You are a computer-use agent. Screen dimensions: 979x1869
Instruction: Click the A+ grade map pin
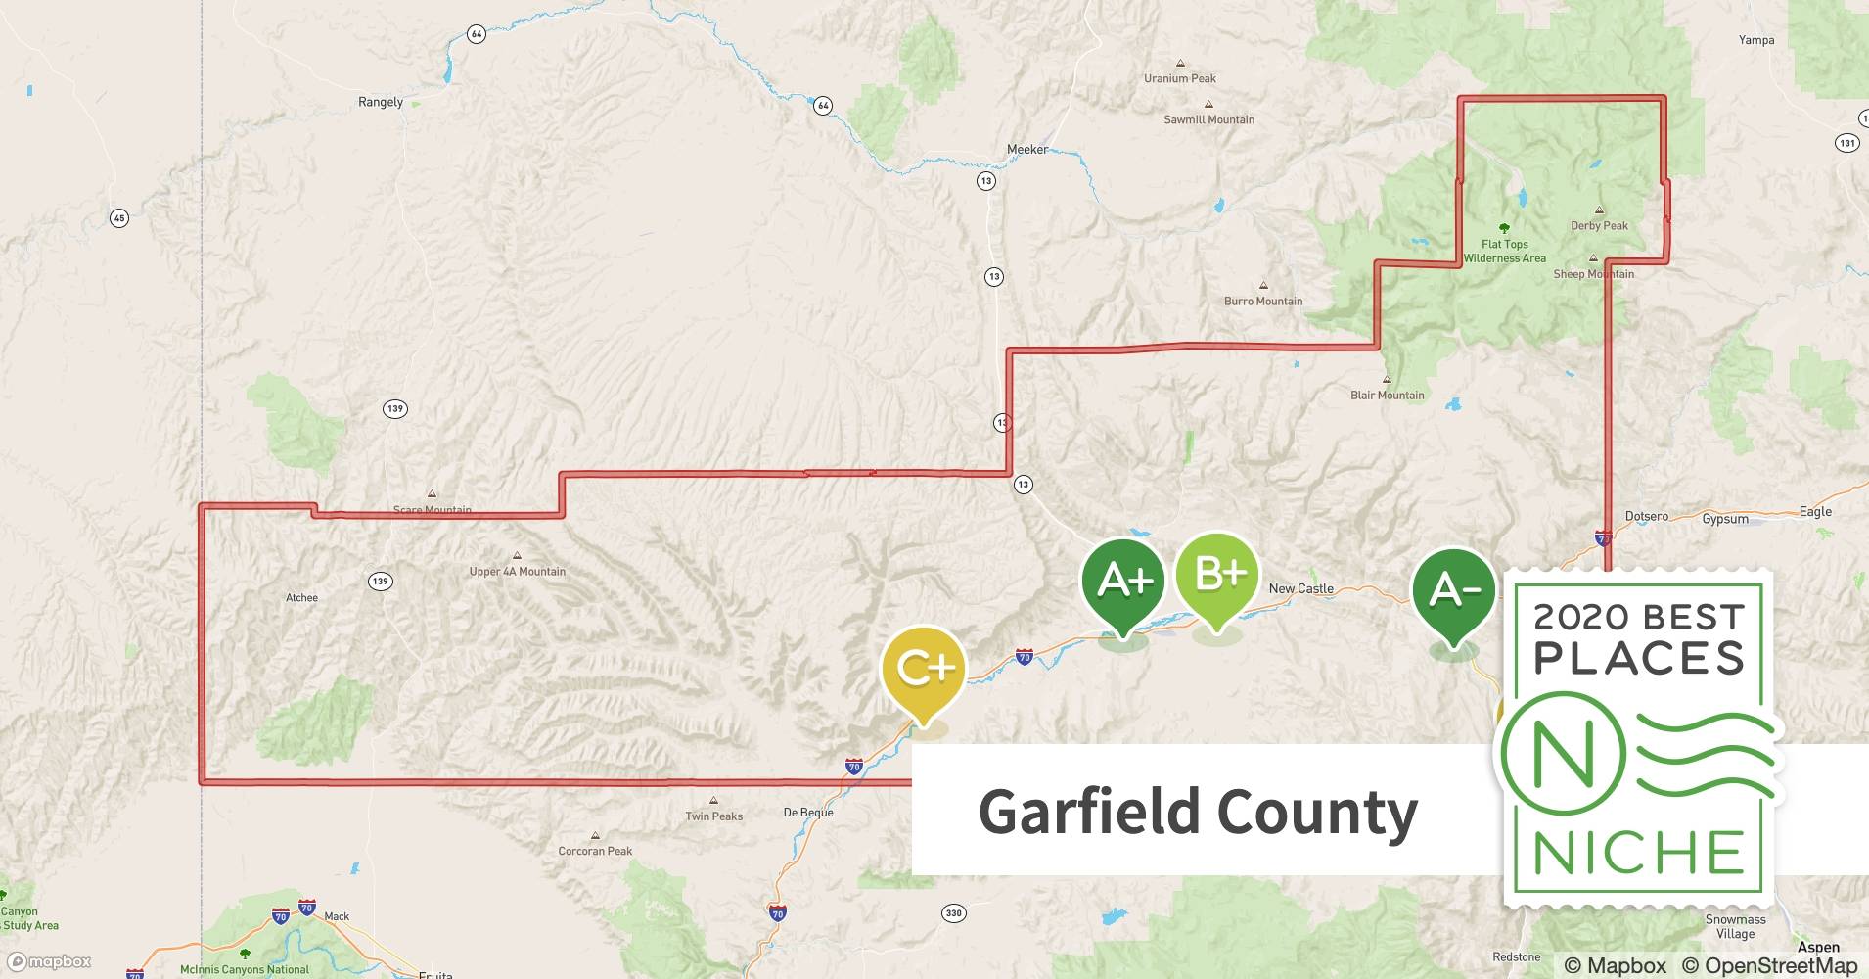pyautogui.click(x=1123, y=582)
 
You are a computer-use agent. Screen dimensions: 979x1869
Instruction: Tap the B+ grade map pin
pyautogui.click(x=1217, y=576)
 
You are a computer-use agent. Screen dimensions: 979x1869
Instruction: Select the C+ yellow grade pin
pyautogui.click(x=924, y=670)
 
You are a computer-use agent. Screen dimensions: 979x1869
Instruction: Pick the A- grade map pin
pyautogui.click(x=1454, y=590)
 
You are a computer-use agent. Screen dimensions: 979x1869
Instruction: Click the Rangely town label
pyautogui.click(x=381, y=102)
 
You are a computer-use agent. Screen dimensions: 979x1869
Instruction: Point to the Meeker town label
pyautogui.click(x=1026, y=150)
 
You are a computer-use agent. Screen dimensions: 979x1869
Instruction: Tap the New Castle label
pyautogui.click(x=1300, y=588)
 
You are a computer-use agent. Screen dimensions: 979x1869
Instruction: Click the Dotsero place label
pyautogui.click(x=1646, y=516)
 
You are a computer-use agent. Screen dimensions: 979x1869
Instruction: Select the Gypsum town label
pyautogui.click(x=1724, y=519)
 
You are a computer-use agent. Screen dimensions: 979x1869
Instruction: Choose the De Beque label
pyautogui.click(x=808, y=813)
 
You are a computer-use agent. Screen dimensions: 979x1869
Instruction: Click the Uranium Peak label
pyautogui.click(x=1180, y=78)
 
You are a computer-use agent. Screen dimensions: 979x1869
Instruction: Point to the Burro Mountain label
pyautogui.click(x=1263, y=301)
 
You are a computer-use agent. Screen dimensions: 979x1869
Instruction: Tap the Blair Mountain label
pyautogui.click(x=1387, y=396)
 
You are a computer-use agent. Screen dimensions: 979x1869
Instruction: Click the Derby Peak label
pyautogui.click(x=1599, y=226)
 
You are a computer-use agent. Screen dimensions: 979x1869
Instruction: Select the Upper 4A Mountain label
pyautogui.click(x=517, y=572)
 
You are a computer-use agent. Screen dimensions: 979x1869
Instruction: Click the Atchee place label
pyautogui.click(x=301, y=598)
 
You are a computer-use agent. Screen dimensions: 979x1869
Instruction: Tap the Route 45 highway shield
pyautogui.click(x=118, y=218)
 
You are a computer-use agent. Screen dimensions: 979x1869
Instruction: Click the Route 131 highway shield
pyautogui.click(x=1846, y=143)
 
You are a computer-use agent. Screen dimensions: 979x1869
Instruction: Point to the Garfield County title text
pyautogui.click(x=1198, y=812)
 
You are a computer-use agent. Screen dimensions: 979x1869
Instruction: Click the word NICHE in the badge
pyautogui.click(x=1639, y=853)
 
